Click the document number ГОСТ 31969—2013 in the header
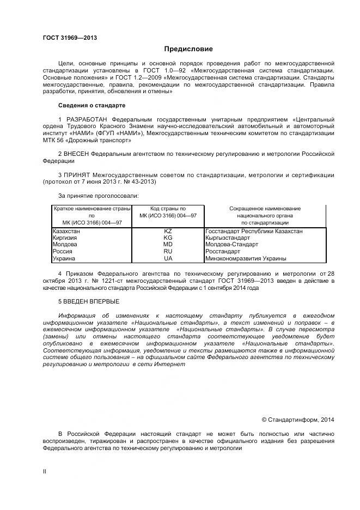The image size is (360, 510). (x=70, y=38)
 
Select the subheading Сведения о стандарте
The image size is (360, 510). (x=91, y=105)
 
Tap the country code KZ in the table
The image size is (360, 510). (x=168, y=231)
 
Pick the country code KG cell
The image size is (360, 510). (x=168, y=238)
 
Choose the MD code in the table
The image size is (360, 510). (x=168, y=245)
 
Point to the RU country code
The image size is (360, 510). (x=168, y=252)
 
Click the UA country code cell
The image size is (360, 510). (x=168, y=259)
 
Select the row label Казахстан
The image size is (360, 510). (x=66, y=231)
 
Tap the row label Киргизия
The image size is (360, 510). (x=65, y=238)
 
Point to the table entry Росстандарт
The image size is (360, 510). (x=223, y=252)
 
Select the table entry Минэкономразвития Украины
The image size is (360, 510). (x=246, y=259)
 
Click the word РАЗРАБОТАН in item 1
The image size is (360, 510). (x=87, y=119)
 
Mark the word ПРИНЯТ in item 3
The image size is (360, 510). (x=77, y=175)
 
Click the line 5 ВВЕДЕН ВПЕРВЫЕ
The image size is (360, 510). (x=88, y=301)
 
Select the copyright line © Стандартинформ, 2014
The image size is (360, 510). (x=297, y=420)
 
